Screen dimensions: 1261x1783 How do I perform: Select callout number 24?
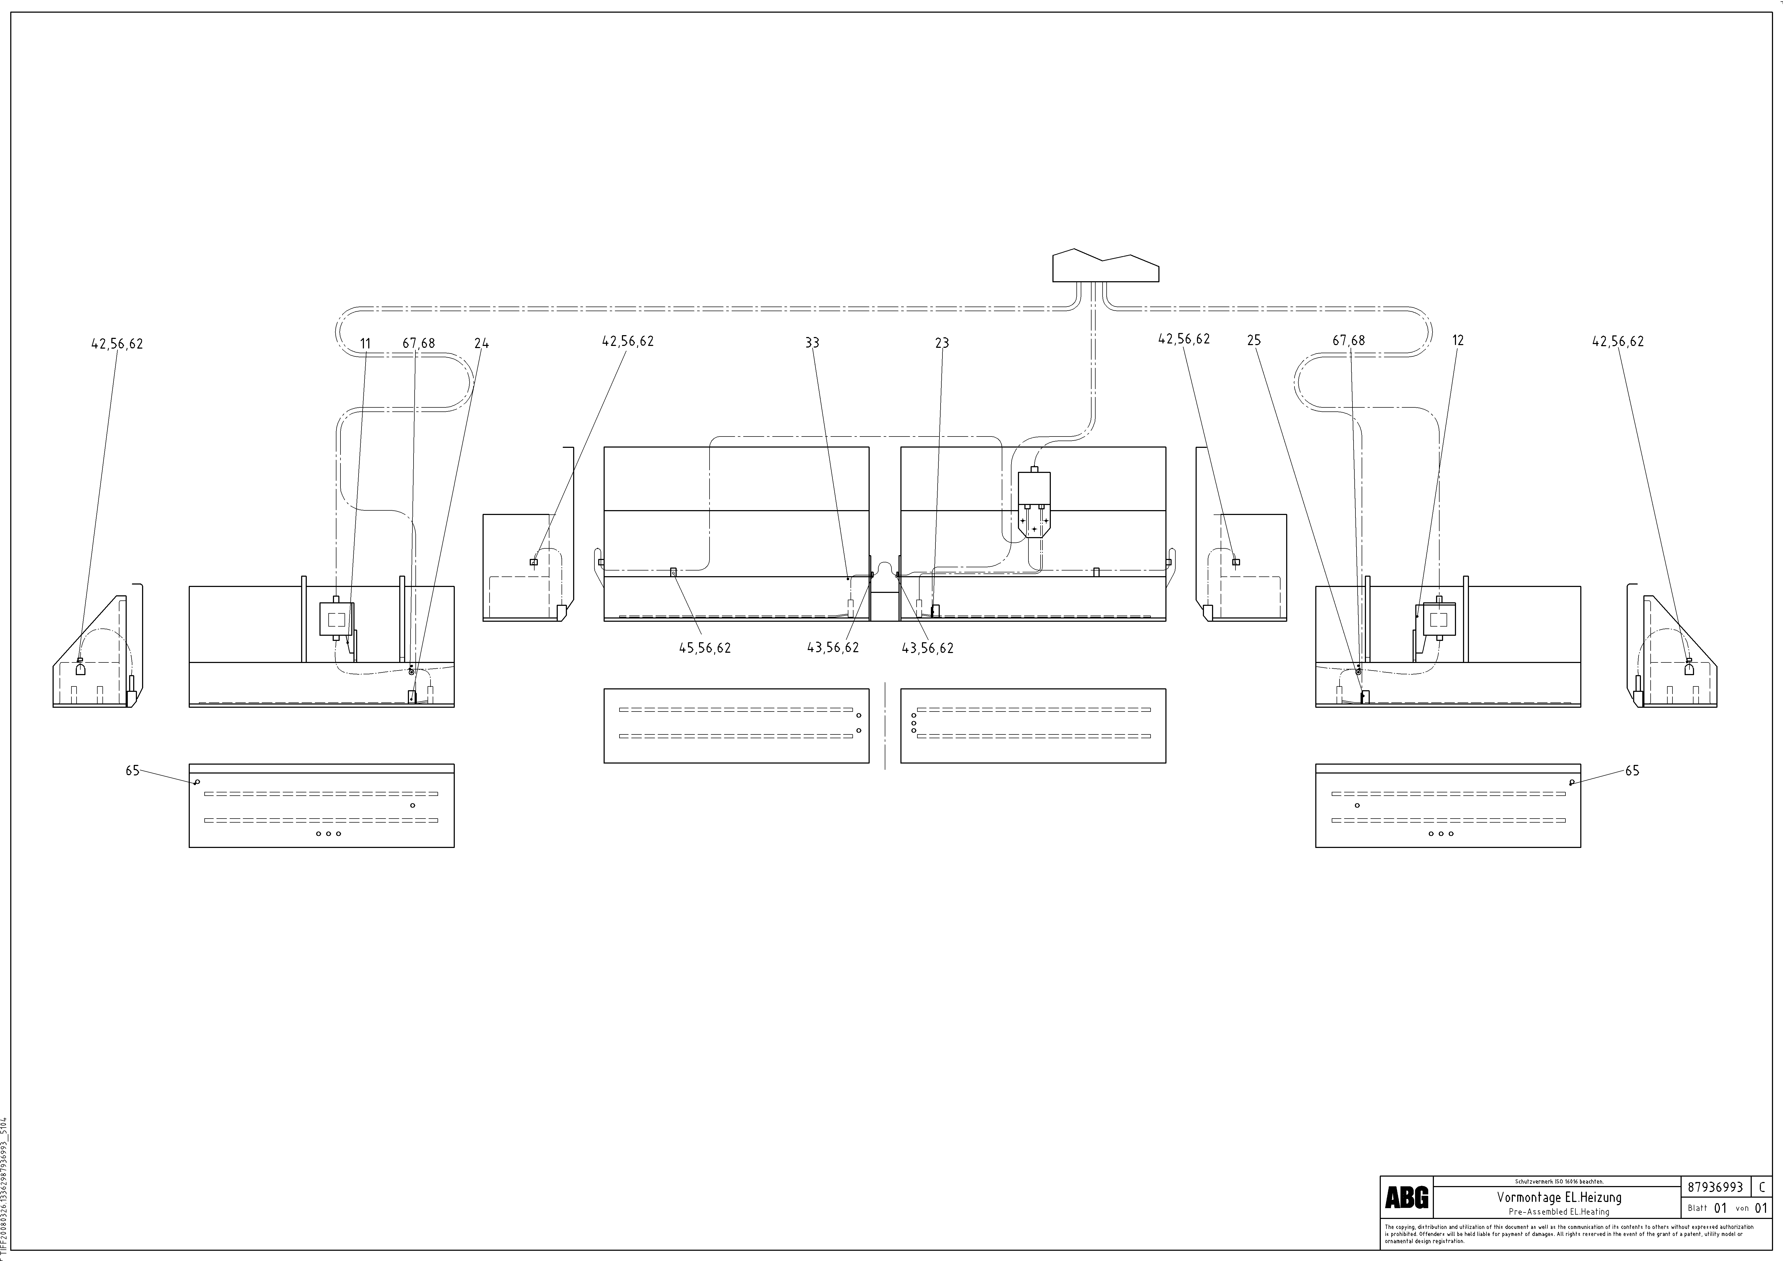click(x=481, y=343)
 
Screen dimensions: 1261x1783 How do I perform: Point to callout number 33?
click(x=812, y=342)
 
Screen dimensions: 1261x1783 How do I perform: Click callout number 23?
click(x=942, y=342)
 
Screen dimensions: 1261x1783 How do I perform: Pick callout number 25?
click(x=1253, y=340)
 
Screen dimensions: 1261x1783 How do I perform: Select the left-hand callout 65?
click(x=132, y=770)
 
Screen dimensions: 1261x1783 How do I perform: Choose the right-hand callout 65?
click(x=1632, y=770)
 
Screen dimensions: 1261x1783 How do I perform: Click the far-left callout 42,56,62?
click(x=117, y=343)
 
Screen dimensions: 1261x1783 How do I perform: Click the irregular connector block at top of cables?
click(x=1105, y=266)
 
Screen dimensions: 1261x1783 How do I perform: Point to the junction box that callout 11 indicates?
click(x=336, y=619)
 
